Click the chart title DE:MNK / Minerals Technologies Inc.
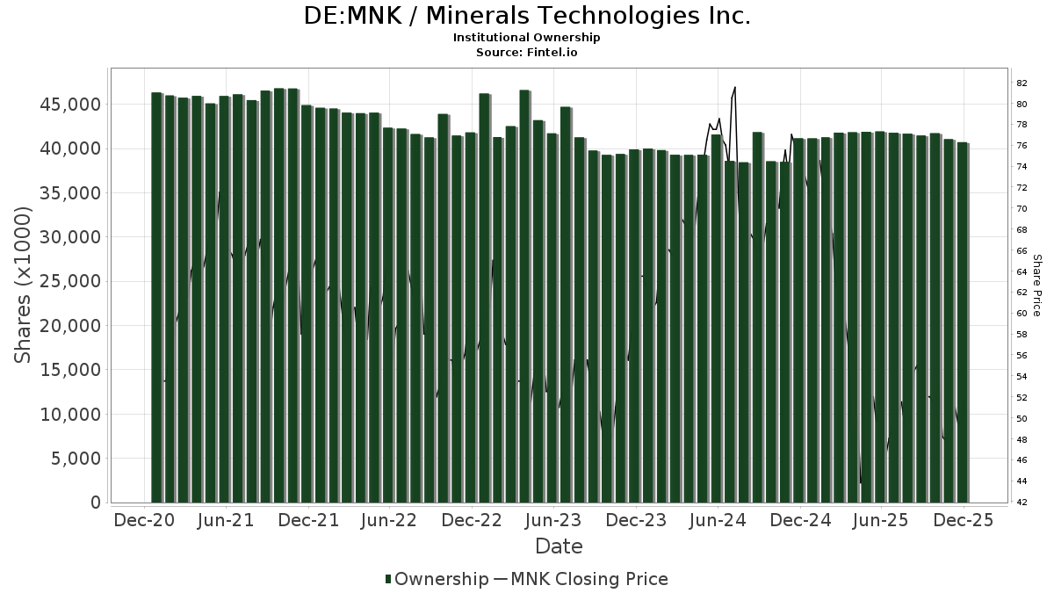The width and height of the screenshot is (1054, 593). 527,16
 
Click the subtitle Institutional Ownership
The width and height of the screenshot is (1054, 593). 527,38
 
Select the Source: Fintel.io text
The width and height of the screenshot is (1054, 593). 527,52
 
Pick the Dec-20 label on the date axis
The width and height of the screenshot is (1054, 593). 145,520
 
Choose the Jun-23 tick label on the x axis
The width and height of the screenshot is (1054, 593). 554,520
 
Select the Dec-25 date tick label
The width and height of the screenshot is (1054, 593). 964,520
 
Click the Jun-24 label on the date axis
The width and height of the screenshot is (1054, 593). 718,520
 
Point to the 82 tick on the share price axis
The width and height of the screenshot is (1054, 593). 1022,83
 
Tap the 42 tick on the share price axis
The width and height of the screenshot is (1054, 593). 1022,503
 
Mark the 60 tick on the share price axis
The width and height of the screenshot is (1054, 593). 1022,314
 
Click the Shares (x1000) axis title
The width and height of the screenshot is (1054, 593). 25,285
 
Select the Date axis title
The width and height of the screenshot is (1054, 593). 559,546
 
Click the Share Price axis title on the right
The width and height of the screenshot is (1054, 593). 1036,286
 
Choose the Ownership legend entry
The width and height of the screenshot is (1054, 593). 437,579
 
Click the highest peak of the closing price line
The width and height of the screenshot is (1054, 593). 734,88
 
